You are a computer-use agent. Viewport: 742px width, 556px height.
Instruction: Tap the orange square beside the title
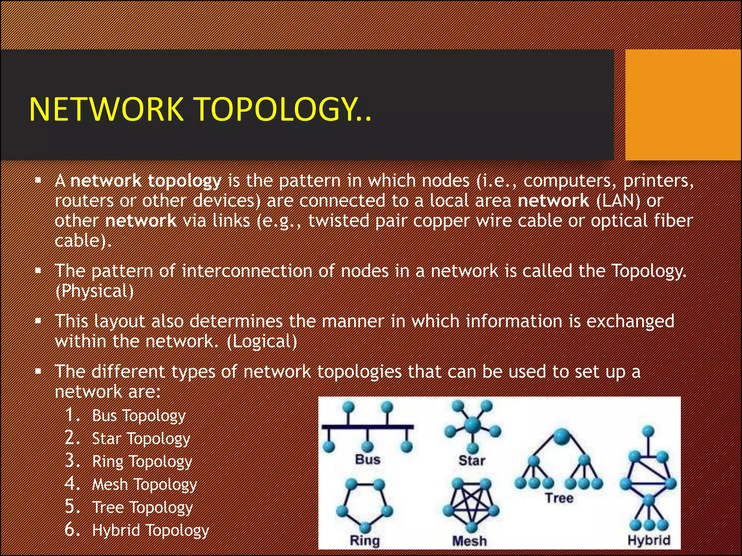pos(683,105)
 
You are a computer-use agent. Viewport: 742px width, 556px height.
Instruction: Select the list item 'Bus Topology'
pos(138,416)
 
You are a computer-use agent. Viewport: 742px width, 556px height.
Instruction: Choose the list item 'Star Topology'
pos(141,439)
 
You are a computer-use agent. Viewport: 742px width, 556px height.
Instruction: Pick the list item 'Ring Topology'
pos(142,462)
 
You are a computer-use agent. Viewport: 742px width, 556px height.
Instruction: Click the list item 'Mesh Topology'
pos(145,484)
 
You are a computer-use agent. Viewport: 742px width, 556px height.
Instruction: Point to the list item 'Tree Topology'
pos(142,507)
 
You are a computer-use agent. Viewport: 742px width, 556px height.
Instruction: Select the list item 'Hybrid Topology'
pos(150,530)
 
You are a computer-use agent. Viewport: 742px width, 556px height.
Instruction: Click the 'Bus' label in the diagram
pos(368,459)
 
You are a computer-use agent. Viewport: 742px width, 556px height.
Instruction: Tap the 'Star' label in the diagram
pos(472,460)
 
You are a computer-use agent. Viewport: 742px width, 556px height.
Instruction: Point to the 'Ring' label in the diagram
pos(364,540)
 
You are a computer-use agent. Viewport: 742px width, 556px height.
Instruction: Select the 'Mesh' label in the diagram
pos(470,541)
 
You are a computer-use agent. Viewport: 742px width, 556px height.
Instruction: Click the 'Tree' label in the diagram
pos(559,498)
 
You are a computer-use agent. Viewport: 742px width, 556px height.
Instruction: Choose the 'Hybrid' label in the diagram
pos(649,540)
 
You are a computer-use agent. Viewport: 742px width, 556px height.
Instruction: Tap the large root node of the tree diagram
pos(562,436)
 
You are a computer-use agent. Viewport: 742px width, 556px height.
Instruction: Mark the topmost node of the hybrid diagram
pos(648,431)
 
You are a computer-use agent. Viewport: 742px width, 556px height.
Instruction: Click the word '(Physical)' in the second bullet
pos(95,291)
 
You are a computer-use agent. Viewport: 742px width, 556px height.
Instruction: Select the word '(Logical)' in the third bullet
pos(262,341)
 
